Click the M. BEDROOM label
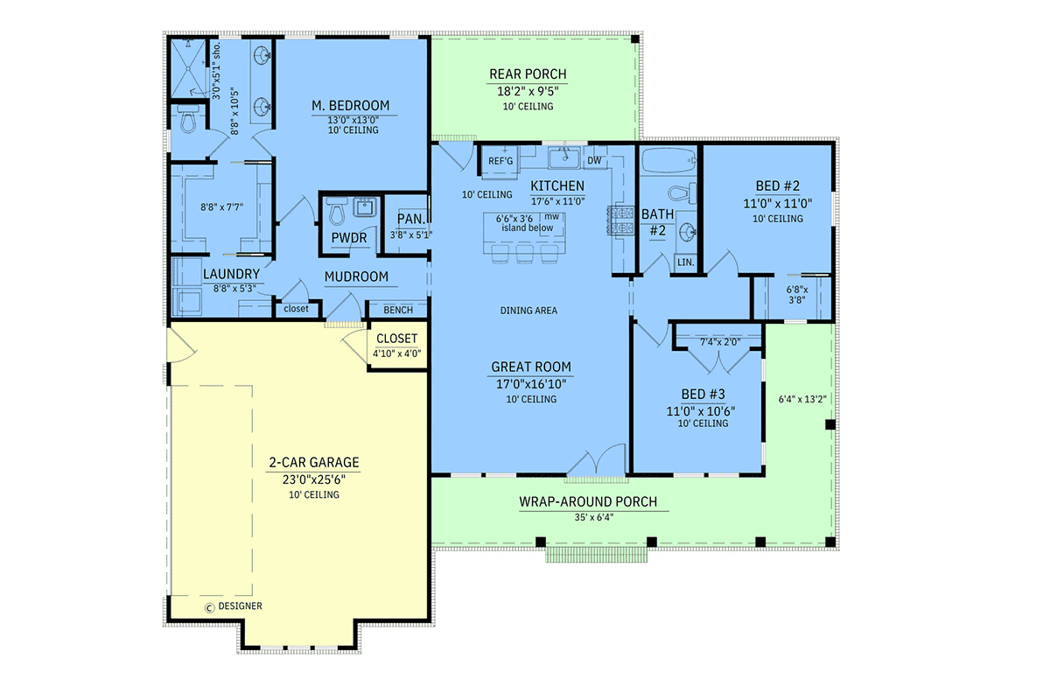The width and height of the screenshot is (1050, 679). [351, 106]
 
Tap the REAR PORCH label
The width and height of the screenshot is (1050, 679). [528, 74]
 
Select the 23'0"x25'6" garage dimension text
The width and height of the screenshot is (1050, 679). [314, 479]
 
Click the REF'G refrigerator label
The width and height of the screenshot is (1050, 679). [500, 161]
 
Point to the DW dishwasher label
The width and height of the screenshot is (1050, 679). [594, 160]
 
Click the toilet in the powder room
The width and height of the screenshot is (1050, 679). [337, 211]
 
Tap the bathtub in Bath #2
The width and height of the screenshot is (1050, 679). [668, 161]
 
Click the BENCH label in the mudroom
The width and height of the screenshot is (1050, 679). [398, 310]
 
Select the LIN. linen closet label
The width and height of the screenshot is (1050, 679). [686, 262]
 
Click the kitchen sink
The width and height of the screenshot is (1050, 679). [564, 157]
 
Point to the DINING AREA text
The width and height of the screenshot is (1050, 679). [528, 311]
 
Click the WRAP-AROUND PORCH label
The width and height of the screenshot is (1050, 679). [588, 502]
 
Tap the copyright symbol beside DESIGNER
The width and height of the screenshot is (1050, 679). [209, 608]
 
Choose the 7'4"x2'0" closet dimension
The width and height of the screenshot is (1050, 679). [720, 342]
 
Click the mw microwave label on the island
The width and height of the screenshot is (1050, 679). [552, 217]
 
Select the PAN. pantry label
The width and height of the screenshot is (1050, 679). [411, 219]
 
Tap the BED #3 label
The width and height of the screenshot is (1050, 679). [703, 394]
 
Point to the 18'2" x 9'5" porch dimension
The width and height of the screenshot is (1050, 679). [528, 91]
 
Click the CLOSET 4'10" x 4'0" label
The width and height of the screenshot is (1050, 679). [397, 346]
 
